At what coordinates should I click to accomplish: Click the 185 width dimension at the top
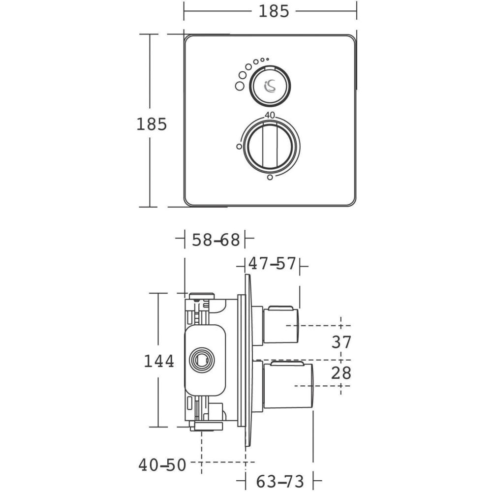(x=274, y=11)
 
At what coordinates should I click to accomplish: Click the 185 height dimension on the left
(x=152, y=124)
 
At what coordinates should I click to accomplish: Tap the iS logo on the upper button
(x=270, y=86)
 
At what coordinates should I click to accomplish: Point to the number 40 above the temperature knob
(x=270, y=116)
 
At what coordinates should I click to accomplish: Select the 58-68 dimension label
(x=216, y=240)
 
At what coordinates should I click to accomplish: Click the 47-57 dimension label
(x=272, y=263)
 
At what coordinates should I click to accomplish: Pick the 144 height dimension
(x=159, y=361)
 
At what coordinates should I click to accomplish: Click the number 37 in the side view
(x=341, y=342)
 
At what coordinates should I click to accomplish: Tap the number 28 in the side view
(x=341, y=373)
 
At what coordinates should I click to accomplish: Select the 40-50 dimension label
(x=162, y=465)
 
